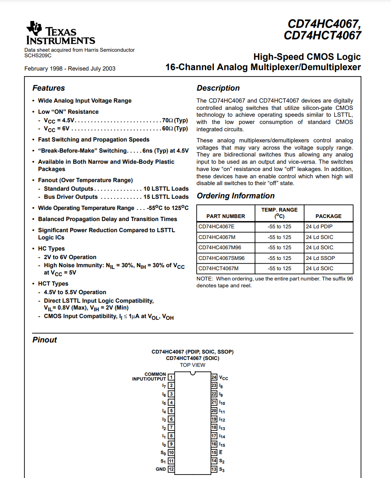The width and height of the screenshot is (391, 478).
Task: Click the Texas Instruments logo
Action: click(60, 34)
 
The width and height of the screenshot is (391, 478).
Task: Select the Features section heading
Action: click(49, 88)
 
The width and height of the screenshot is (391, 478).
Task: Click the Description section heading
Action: click(218, 88)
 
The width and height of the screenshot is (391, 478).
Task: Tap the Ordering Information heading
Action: click(236, 196)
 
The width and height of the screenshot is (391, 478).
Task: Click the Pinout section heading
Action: click(44, 340)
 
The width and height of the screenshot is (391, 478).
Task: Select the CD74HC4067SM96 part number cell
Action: click(222, 258)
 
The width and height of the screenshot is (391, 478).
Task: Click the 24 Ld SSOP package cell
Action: click(320, 258)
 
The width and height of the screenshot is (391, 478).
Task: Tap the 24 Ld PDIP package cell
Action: click(319, 227)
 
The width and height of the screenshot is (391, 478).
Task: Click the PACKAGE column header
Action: click(329, 216)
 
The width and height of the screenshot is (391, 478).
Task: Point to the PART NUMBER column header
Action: click(226, 216)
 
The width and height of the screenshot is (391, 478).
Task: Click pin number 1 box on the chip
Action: click(171, 377)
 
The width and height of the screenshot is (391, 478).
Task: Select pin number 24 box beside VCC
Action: click(214, 377)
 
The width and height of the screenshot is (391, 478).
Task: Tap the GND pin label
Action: click(161, 469)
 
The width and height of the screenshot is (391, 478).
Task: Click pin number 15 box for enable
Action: click(214, 452)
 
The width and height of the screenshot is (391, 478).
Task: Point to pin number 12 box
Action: click(171, 469)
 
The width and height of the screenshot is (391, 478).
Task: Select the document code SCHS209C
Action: click(38, 55)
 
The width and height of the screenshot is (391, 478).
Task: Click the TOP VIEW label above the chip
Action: click(193, 365)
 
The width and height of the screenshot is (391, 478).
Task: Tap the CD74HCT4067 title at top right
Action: click(323, 35)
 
